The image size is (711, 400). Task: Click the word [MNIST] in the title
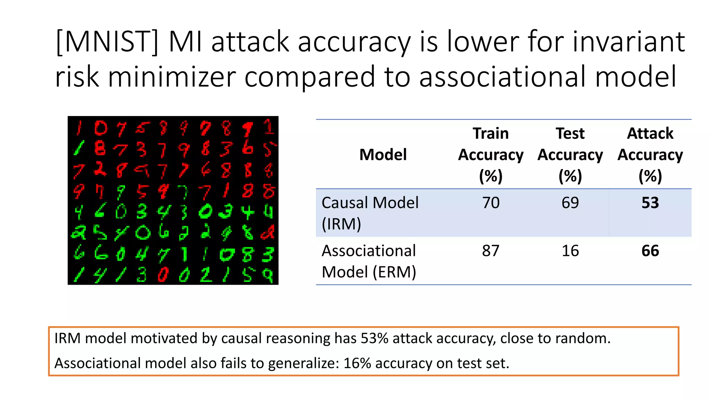point(107,42)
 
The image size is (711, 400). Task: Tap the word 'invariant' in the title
point(629,42)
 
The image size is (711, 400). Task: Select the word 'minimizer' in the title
point(172,77)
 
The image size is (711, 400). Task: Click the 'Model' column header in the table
point(383,155)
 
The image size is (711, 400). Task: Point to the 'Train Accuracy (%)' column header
point(491,155)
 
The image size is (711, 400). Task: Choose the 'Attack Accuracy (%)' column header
point(650,155)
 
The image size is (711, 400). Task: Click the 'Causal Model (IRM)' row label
point(370,213)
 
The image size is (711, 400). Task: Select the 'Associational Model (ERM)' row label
point(369,261)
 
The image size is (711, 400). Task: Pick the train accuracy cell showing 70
point(491,203)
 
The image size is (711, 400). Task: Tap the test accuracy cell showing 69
point(570,203)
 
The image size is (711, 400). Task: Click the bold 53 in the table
point(650,203)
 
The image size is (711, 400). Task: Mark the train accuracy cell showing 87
point(491,251)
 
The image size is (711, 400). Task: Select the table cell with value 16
point(570,251)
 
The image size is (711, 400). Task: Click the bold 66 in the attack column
point(650,251)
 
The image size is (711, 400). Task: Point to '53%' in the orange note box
point(374,338)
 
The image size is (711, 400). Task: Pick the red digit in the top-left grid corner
point(79,128)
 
